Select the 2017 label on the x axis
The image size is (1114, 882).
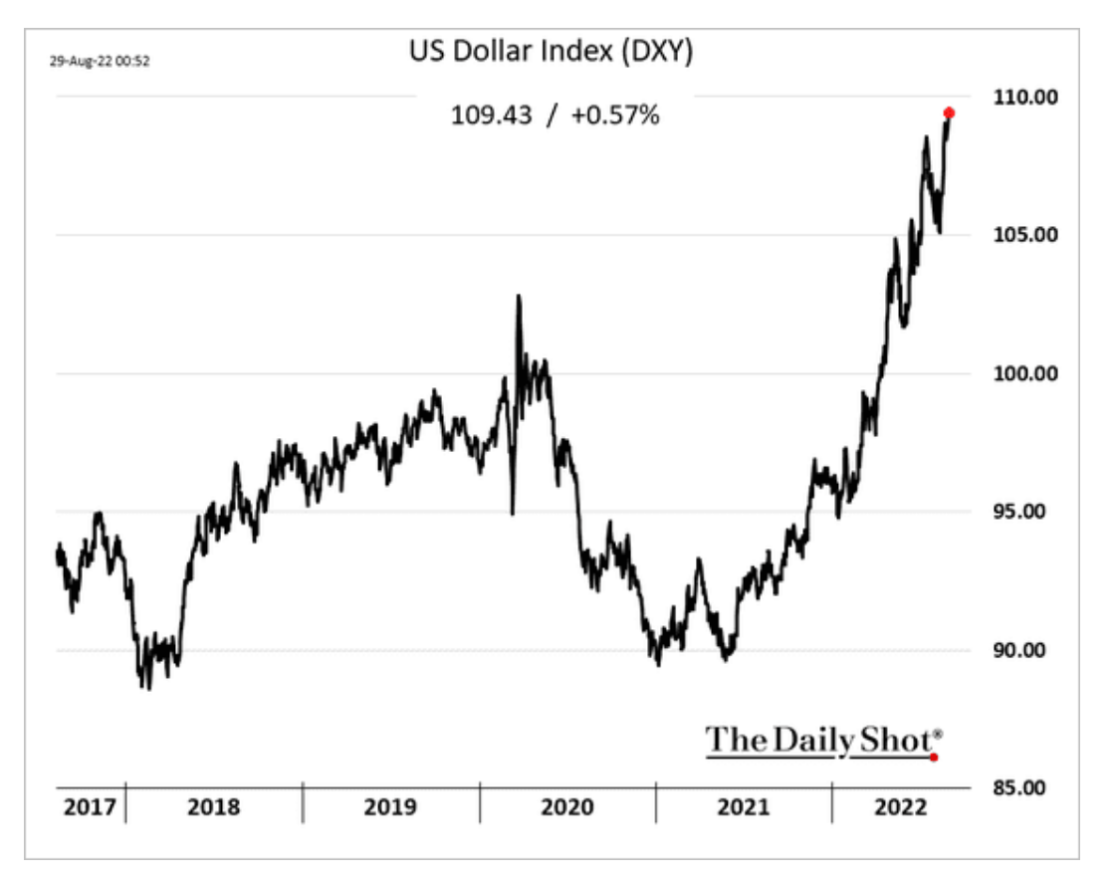point(90,806)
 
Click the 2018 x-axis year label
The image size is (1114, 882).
point(213,806)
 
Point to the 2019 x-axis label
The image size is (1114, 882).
point(390,806)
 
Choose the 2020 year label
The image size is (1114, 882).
point(566,806)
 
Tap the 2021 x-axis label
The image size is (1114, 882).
point(743,806)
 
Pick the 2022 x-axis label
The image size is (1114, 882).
point(896,806)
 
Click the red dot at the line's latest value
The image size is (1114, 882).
point(949,112)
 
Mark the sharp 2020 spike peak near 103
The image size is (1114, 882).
point(518,296)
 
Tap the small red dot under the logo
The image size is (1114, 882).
point(933,758)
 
